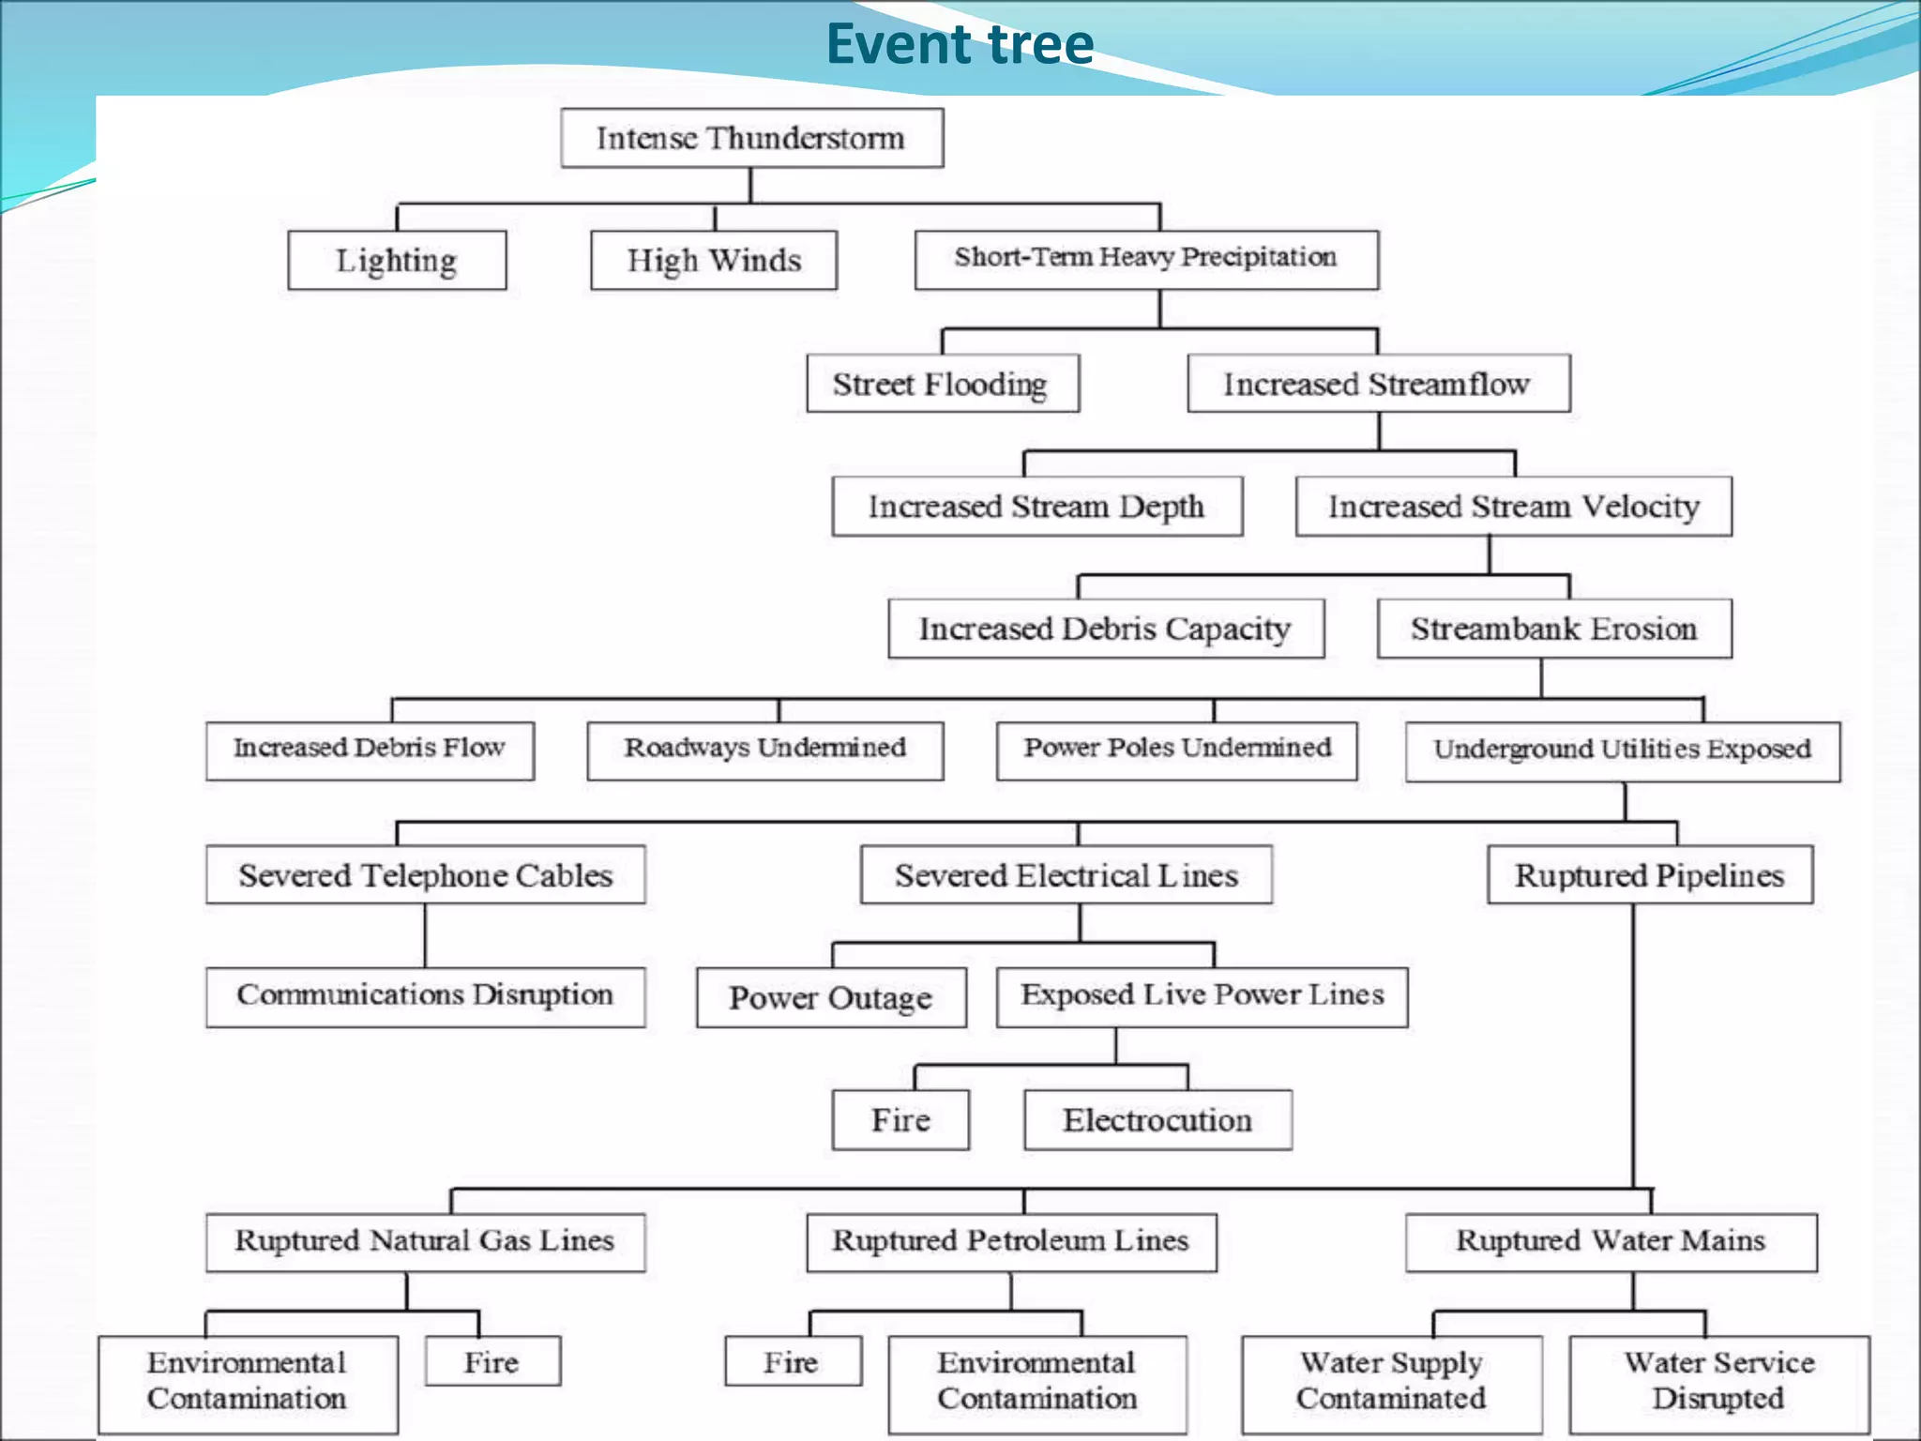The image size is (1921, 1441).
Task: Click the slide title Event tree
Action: point(959,44)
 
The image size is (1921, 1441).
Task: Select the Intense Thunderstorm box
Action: point(751,138)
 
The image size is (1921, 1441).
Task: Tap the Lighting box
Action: point(397,260)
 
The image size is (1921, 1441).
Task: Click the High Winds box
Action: point(714,260)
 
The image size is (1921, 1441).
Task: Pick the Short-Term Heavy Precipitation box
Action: point(1146,258)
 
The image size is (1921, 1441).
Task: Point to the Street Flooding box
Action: point(942,383)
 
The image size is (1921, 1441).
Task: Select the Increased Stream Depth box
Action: point(1036,506)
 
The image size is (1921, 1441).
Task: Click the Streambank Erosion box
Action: point(1553,628)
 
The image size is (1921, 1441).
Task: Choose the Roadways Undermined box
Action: point(764,749)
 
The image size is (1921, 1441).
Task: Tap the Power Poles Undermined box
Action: point(1176,749)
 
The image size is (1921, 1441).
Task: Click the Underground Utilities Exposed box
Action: point(1622,750)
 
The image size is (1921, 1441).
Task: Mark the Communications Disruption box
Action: point(425,995)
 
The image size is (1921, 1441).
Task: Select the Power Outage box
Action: point(831,997)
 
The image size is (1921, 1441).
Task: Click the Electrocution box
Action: point(1157,1119)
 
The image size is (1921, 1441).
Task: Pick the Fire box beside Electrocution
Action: point(900,1119)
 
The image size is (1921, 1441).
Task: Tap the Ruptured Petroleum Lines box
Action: point(1011,1241)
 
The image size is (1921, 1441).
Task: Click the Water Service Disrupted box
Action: point(1718,1381)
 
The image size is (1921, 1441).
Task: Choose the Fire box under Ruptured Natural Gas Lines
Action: point(492,1361)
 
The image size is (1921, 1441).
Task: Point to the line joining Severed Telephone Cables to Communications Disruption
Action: point(425,935)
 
